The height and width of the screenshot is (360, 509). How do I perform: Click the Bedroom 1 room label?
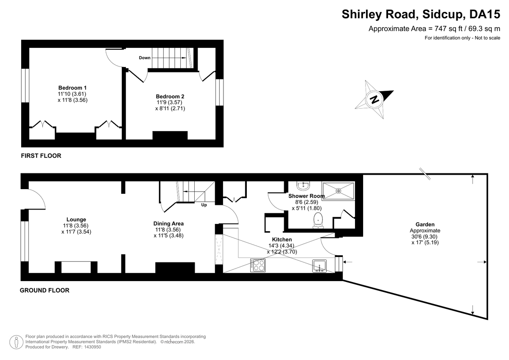coord(73,88)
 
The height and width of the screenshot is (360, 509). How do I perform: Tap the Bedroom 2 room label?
coord(170,96)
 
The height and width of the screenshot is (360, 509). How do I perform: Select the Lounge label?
coord(76,219)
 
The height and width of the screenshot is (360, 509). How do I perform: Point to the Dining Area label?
coord(168,223)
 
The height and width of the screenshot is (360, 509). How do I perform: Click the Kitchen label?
coord(282,240)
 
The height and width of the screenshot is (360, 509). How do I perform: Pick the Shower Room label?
coord(307,196)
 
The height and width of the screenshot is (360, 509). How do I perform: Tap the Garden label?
coord(425,224)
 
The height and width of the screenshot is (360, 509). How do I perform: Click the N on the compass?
coord(374,99)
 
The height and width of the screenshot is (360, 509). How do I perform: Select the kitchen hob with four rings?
coord(258,265)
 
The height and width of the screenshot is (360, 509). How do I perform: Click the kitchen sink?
coord(319,266)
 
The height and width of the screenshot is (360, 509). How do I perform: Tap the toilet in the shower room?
coord(318,220)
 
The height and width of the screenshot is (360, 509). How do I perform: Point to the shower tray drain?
coord(338,191)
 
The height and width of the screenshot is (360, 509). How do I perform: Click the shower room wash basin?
coord(303,186)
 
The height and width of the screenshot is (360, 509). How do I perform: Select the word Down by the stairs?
coord(145,58)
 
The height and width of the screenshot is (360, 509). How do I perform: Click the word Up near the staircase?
coord(204,205)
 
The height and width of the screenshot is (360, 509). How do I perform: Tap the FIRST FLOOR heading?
coord(41,156)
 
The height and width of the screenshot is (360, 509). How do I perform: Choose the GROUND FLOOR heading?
coord(45,290)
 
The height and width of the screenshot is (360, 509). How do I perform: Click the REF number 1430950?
coord(92,347)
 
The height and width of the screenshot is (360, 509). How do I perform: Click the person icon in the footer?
coord(16,342)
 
